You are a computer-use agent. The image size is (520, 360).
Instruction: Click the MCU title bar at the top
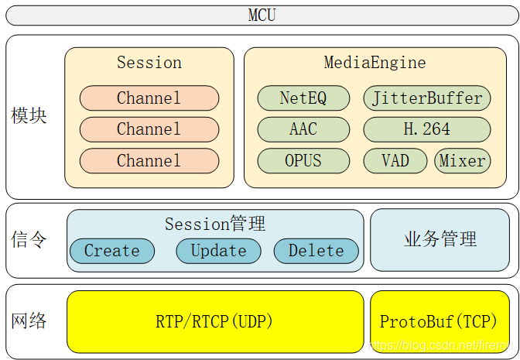click(x=262, y=15)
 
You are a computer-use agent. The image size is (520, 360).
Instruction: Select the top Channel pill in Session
click(x=149, y=98)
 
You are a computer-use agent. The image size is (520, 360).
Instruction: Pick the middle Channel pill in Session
click(x=149, y=129)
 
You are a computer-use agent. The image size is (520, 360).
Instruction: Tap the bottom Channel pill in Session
click(x=149, y=161)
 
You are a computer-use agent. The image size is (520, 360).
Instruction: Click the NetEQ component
click(x=303, y=98)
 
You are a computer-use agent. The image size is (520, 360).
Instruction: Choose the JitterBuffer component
click(x=427, y=98)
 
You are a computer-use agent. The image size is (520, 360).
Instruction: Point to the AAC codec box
click(x=303, y=129)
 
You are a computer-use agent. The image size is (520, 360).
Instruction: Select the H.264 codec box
click(x=427, y=129)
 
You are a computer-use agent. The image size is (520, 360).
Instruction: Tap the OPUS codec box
click(x=303, y=161)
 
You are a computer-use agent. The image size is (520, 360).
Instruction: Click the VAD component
click(x=395, y=161)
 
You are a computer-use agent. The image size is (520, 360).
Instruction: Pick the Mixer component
click(x=463, y=161)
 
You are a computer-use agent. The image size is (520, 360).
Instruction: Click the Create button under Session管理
click(x=112, y=251)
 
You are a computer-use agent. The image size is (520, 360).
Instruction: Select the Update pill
click(x=218, y=251)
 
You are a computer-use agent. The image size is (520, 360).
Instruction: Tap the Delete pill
click(x=316, y=251)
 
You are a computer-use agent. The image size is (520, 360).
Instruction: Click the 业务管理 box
click(x=440, y=240)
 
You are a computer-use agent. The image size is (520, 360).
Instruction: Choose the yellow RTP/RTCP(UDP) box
click(x=215, y=322)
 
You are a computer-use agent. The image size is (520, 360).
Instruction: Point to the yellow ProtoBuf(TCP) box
click(x=440, y=322)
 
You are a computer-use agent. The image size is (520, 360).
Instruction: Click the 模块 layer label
click(x=29, y=116)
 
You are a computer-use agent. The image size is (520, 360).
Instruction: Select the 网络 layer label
click(x=29, y=321)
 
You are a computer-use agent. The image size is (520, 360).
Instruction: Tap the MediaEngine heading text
click(x=375, y=63)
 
